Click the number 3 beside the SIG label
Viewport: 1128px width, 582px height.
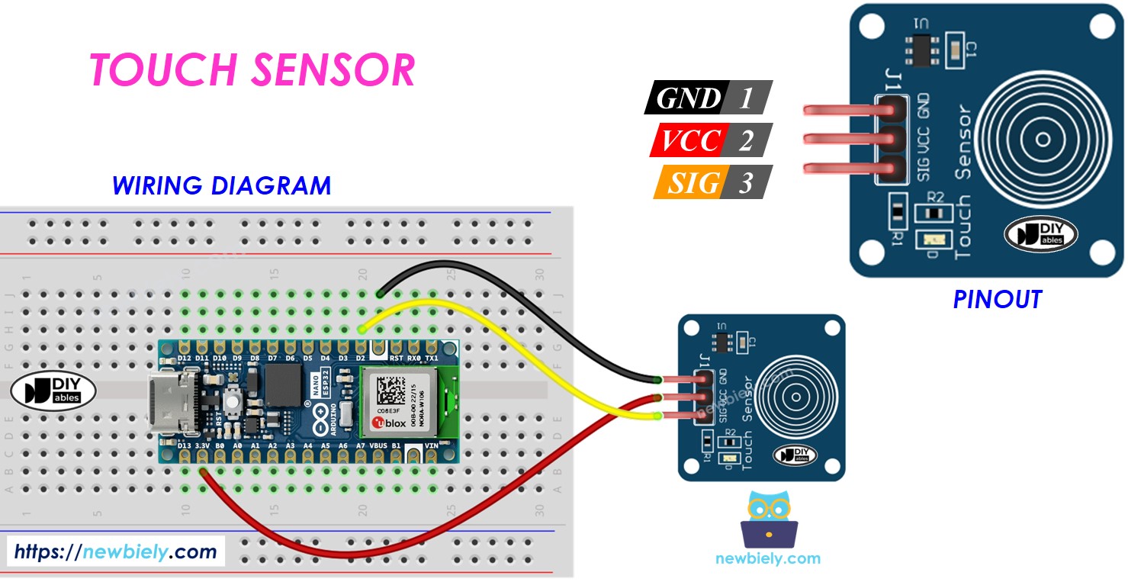click(x=746, y=182)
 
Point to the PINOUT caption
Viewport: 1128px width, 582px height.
click(x=997, y=300)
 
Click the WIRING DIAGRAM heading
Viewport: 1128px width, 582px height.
click(x=221, y=185)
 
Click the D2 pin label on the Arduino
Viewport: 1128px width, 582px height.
click(x=361, y=357)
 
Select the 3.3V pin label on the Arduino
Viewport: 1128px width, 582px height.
click(x=203, y=445)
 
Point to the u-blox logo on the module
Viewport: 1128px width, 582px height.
click(x=388, y=423)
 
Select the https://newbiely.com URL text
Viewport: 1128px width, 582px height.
click(x=115, y=551)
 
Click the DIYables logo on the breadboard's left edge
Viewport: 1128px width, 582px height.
click(x=53, y=391)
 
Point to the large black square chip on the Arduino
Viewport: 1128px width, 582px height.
click(x=284, y=384)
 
